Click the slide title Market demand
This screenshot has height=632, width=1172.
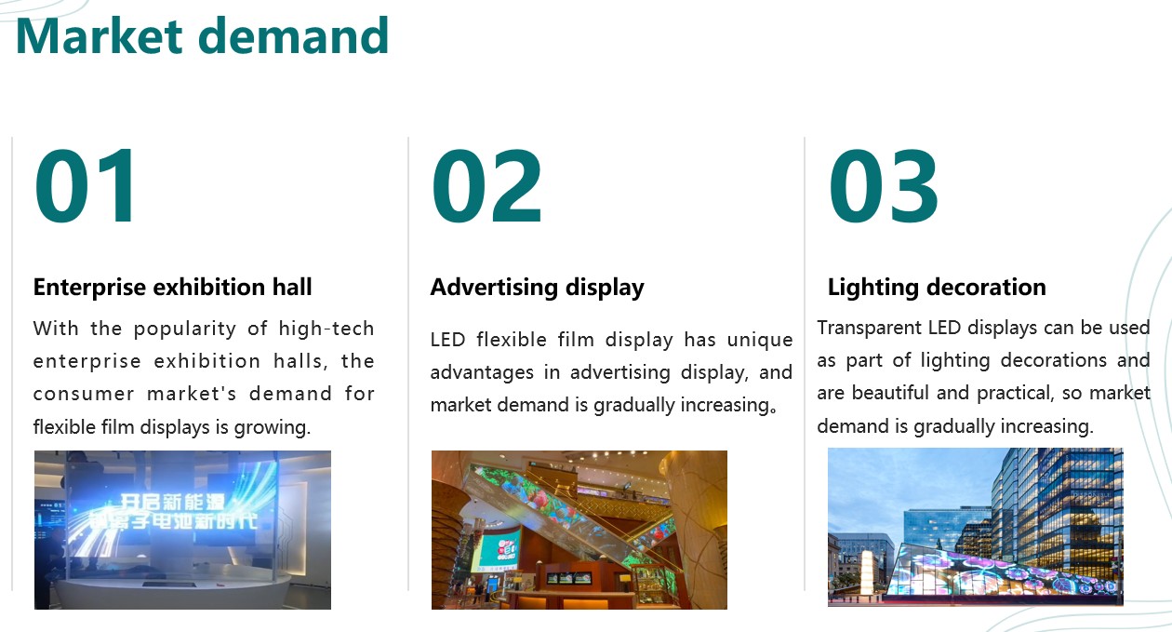coord(202,35)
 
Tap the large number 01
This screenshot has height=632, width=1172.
coord(86,186)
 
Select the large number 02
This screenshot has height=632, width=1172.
coord(486,186)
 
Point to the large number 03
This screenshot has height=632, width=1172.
coord(884,186)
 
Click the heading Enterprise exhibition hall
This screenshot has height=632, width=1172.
coord(172,287)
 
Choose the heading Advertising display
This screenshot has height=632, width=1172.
coord(538,288)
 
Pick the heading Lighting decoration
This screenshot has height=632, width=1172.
coord(937,288)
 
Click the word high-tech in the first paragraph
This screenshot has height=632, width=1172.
coord(326,329)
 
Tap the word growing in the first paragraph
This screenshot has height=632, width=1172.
coord(272,428)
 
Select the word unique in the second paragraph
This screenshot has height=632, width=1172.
coord(760,341)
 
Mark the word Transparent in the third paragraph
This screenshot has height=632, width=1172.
coord(869,329)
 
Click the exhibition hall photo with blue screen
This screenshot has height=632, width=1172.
coord(182,530)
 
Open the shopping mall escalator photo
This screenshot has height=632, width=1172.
coord(579,530)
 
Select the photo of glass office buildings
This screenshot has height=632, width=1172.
coord(975,527)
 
